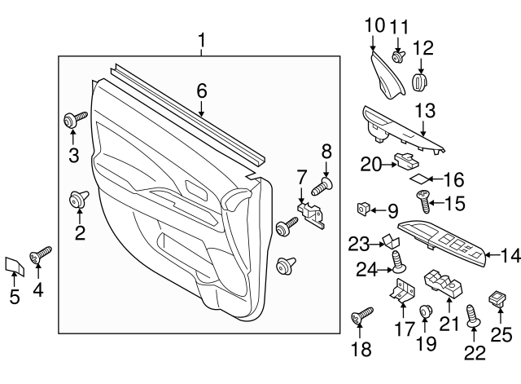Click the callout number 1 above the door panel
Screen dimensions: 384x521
(x=202, y=40)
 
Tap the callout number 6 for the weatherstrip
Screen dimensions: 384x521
(x=202, y=92)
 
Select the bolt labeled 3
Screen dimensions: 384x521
(x=74, y=121)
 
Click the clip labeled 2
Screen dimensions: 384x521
(x=79, y=197)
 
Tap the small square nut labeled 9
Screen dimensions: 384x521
(x=363, y=210)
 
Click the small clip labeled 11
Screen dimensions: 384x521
(x=399, y=57)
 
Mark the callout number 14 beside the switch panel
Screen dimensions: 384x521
(x=509, y=256)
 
